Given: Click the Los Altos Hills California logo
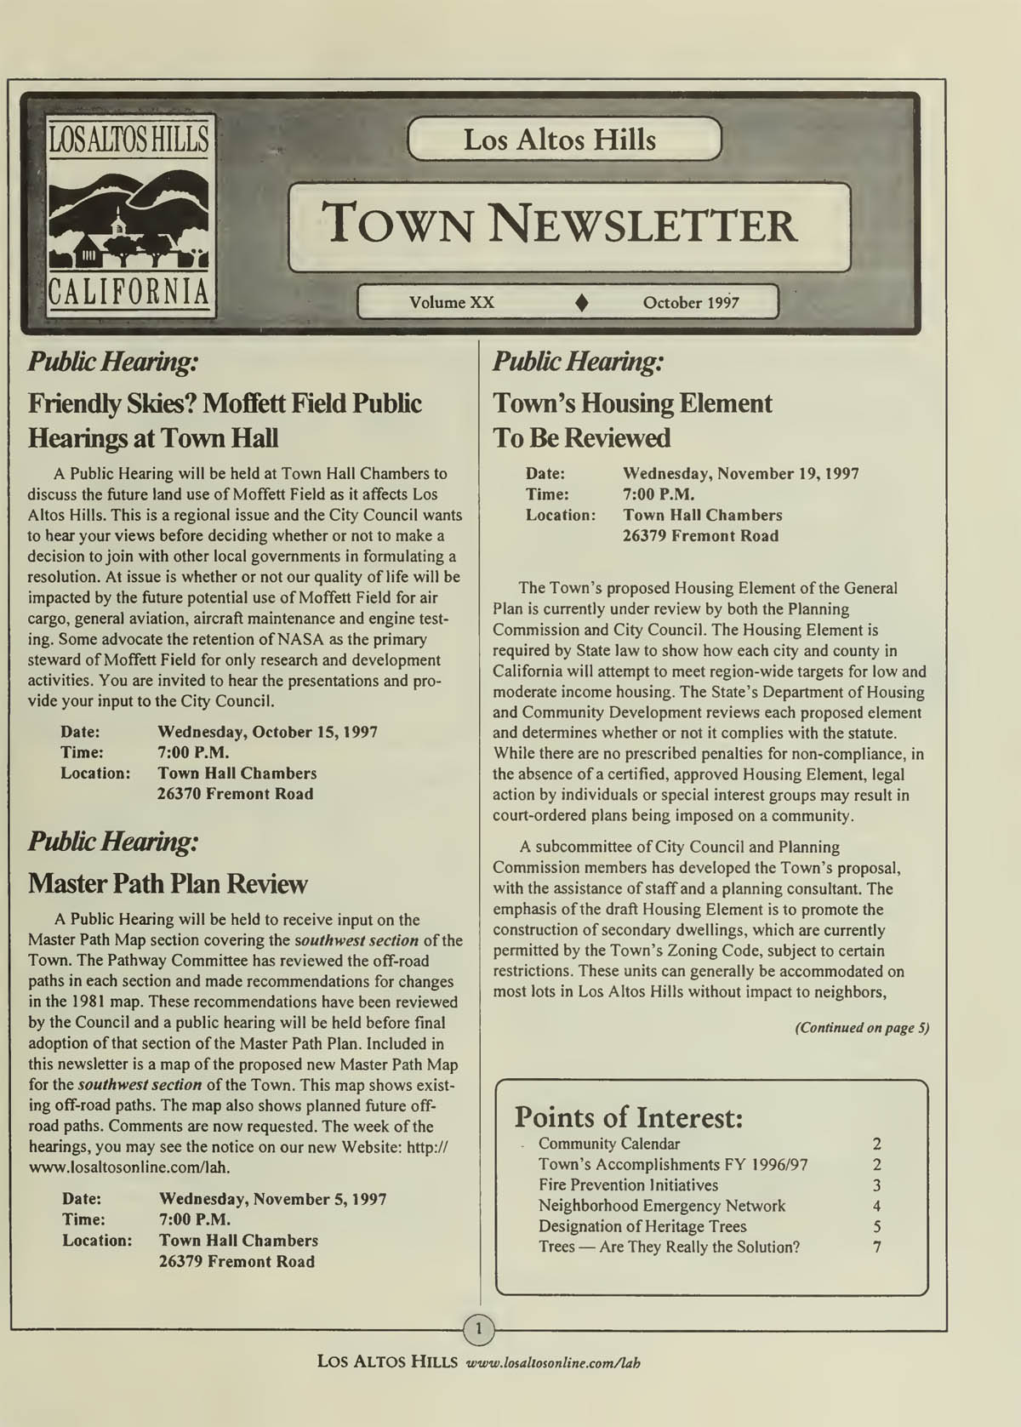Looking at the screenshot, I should [130, 218].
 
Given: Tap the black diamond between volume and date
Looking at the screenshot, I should [583, 303].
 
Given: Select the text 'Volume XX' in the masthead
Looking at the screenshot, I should [452, 303].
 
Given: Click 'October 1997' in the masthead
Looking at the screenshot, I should [691, 303].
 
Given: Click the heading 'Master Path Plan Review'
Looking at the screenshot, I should [168, 883].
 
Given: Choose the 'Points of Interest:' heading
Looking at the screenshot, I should [629, 1116].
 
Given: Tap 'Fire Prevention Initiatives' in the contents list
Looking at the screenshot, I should [628, 1185].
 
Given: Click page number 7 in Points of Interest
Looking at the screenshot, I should [876, 1247].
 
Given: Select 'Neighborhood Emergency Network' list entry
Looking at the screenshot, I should [662, 1206].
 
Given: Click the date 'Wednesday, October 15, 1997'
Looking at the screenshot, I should [267, 732].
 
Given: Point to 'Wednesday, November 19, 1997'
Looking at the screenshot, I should [740, 474].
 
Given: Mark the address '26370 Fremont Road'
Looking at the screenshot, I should [235, 794].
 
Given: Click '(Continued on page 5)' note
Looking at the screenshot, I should [862, 1028].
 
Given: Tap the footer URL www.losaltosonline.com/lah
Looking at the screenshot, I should [553, 1362].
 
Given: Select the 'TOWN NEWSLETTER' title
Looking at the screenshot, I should [562, 225].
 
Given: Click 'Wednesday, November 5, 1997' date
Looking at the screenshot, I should [272, 1199].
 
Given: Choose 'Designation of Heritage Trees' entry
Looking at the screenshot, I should [642, 1226].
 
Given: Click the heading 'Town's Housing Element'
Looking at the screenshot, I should [633, 403].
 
